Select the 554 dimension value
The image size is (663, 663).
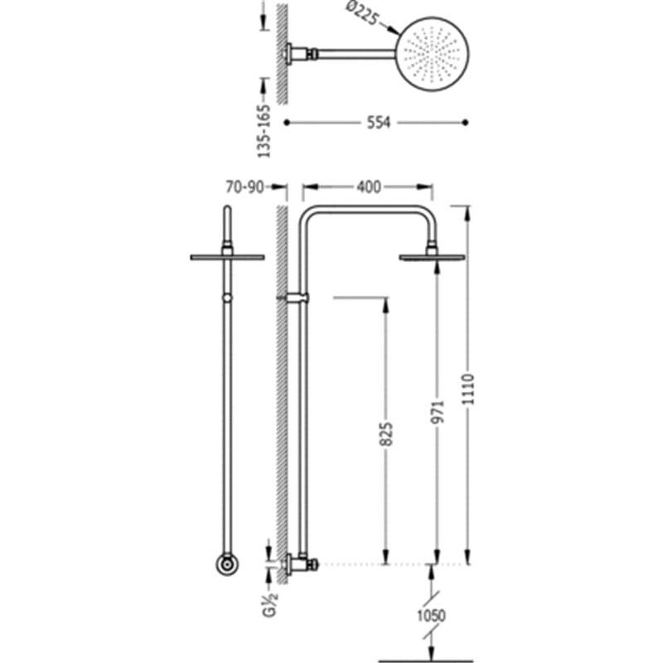379,123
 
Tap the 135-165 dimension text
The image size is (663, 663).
264,131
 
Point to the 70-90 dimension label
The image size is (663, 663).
244,187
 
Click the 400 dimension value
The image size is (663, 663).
368,187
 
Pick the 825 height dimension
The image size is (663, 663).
386,433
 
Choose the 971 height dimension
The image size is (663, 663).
438,411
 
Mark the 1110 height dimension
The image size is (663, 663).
468,389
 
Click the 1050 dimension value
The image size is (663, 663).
431,615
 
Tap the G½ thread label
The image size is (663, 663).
270,605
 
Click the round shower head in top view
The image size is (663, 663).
433,54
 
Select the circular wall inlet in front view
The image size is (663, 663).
227,564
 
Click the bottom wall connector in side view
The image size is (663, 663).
300,564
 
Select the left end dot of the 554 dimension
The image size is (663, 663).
287,123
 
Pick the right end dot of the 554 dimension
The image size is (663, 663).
466,123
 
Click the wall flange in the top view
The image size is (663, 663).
288,54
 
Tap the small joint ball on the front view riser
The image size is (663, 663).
227,298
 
